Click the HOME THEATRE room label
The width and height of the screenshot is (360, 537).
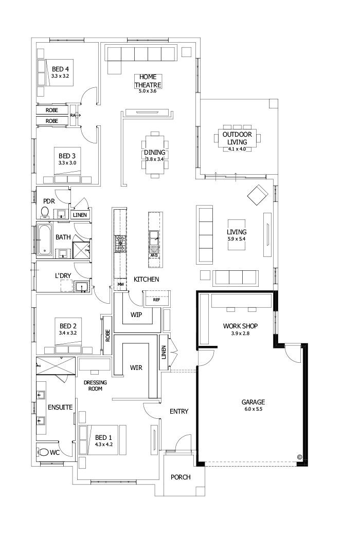(148, 81)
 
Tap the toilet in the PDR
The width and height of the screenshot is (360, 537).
(45, 212)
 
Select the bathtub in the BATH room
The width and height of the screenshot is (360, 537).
(44, 240)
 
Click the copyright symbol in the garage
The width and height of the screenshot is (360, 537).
(299, 456)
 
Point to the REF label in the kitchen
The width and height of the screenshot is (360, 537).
(157, 299)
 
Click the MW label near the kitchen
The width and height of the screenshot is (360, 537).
(121, 284)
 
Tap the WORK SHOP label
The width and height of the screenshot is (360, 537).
(240, 326)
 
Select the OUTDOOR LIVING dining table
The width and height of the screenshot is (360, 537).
(237, 138)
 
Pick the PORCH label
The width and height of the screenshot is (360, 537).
(181, 477)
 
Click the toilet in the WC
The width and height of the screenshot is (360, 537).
(45, 452)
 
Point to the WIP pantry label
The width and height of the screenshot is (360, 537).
(136, 314)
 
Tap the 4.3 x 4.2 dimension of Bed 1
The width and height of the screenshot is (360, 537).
(103, 444)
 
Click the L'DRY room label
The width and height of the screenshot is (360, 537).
(63, 276)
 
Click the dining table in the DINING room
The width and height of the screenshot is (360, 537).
(155, 153)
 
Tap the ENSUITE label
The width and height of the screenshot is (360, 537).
(60, 408)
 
